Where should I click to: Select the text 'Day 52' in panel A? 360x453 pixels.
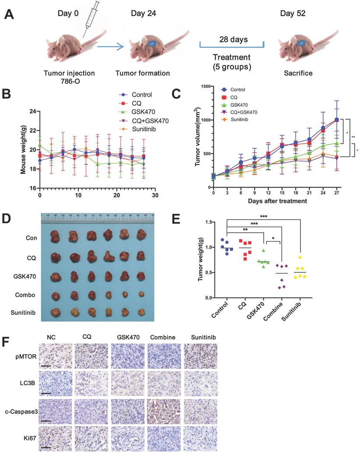tap(294, 14)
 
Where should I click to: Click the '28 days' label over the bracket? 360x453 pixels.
tap(232, 40)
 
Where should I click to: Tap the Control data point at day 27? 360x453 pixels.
tap(336, 119)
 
